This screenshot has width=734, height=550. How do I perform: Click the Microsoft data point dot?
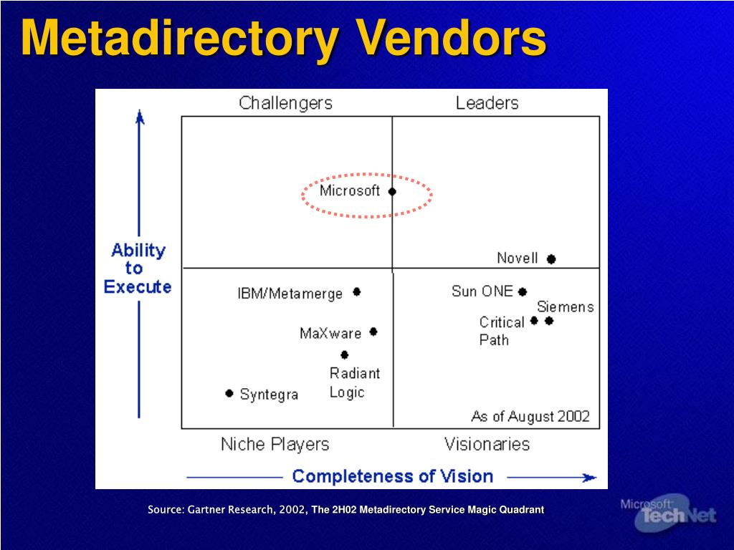392,191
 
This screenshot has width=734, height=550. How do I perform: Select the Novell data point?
551,259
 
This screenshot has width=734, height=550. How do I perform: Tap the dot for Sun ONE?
523,292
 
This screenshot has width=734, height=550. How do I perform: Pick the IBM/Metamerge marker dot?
357,292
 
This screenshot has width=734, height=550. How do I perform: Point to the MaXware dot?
373,332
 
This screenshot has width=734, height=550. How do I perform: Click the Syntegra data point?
229,393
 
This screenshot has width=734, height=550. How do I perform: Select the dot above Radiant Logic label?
345,355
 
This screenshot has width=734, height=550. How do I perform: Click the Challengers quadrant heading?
285,103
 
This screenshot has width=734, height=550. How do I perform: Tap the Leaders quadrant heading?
487,103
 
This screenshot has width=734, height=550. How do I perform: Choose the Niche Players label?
275,444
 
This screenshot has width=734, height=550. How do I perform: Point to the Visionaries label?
487,444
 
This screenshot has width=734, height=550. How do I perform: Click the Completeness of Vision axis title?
393,476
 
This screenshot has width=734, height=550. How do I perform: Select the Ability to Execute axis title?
138,269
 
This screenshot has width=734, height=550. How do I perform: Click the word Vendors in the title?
451,37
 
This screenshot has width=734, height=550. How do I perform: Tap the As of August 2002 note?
530,416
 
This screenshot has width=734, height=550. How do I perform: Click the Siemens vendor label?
566,307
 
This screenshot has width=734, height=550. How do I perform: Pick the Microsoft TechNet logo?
669,513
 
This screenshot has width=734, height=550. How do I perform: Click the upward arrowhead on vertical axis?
140,117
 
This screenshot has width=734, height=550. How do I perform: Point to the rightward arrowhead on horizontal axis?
589,478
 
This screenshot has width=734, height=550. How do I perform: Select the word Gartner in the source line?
205,510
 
